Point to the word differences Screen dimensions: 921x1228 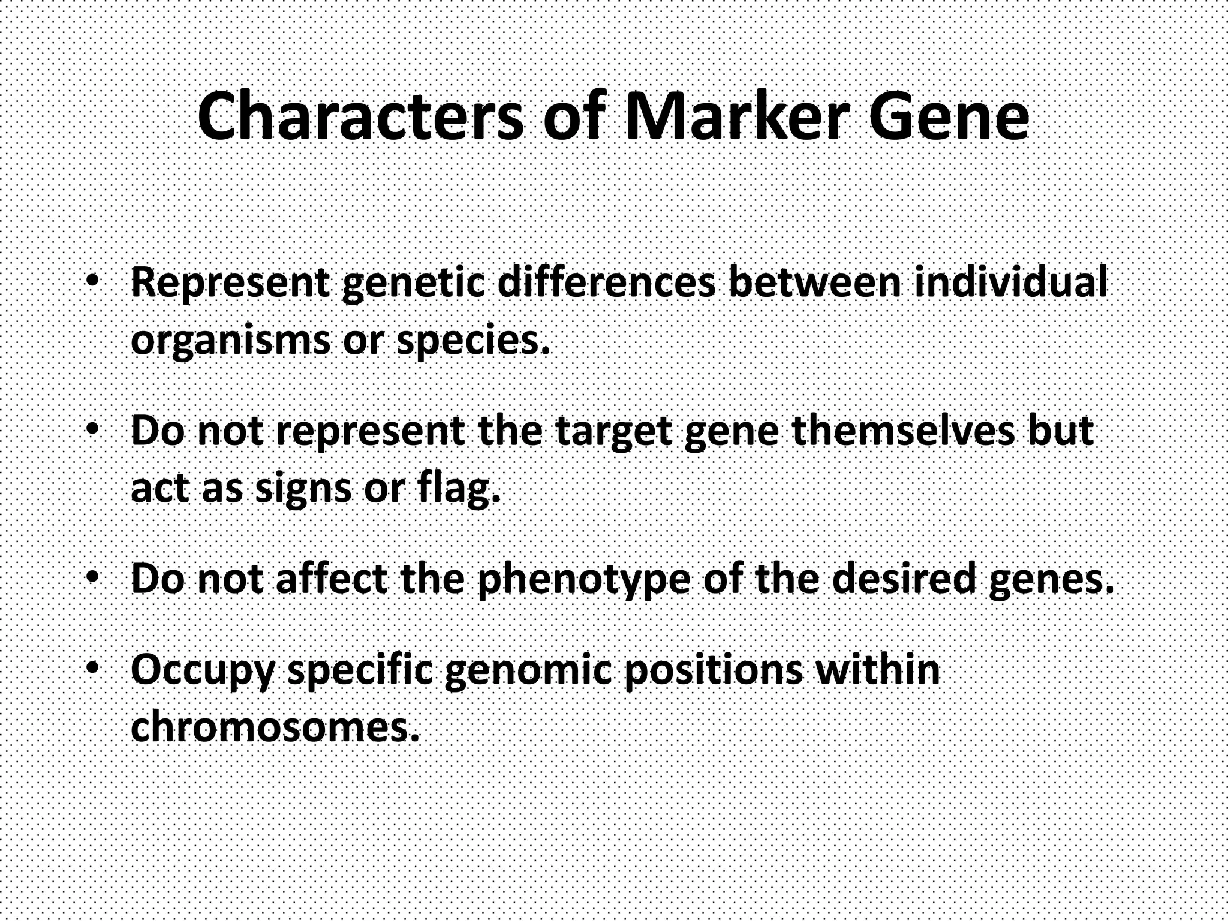point(606,282)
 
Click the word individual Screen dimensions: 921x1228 point(1010,282)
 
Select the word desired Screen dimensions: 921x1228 point(905,578)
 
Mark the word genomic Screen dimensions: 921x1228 point(528,670)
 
